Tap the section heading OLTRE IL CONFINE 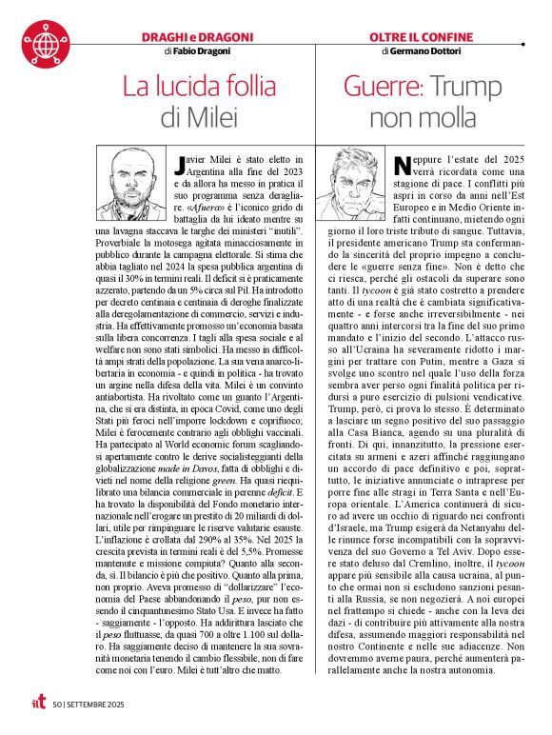[421, 37]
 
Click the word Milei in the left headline [210, 118]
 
